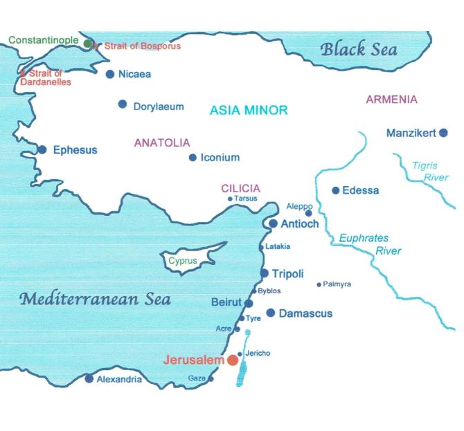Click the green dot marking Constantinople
88,44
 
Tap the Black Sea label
358,49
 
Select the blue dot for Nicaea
110,74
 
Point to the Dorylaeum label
159,107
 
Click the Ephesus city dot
42,149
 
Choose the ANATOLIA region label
161,143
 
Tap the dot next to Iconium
193,157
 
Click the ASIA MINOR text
249,111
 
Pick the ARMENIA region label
391,100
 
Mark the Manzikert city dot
443,133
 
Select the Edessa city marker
336,190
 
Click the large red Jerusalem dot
233,360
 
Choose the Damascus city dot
271,313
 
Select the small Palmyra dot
319,284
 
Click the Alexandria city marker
89,378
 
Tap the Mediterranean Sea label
95,300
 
